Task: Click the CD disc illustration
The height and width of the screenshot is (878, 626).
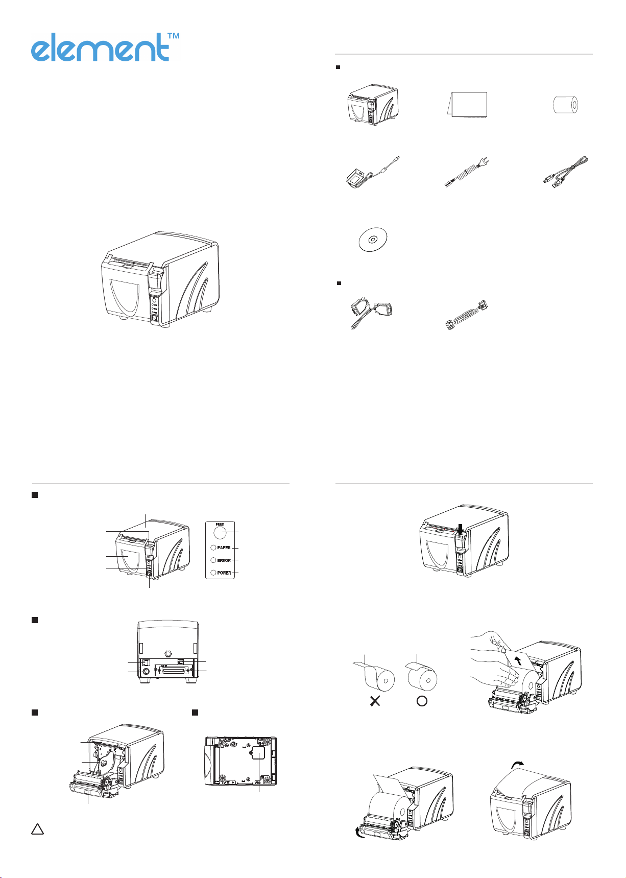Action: [373, 239]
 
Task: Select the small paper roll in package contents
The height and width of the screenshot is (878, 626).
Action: [566, 105]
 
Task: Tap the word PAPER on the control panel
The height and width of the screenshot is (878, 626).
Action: [224, 548]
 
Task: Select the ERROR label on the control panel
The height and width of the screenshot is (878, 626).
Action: [224, 560]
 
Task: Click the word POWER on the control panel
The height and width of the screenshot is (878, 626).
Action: [224, 573]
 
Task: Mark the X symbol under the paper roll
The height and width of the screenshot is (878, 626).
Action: [375, 701]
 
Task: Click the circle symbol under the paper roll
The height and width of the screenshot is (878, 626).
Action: [422, 701]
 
